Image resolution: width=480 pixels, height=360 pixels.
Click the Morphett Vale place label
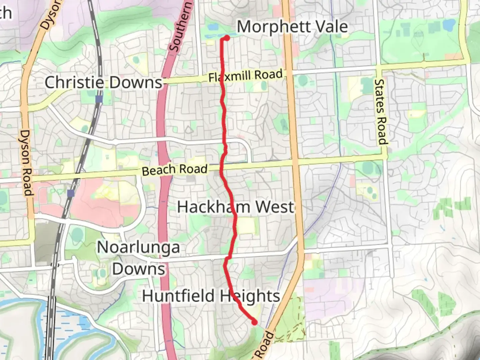click(292, 27)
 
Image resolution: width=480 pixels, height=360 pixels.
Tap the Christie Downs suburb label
click(103, 82)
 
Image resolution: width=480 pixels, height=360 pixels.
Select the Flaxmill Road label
click(245, 75)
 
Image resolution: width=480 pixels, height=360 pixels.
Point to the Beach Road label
click(174, 170)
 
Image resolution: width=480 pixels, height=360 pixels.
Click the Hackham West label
click(236, 207)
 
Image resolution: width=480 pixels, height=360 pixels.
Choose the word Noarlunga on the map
click(138, 248)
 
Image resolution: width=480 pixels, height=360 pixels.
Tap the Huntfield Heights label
click(211, 296)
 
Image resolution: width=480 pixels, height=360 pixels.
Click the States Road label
click(381, 112)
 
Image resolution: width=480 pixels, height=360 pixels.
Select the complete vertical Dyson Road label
click(26, 163)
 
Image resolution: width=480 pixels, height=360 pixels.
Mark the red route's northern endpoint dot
click(227, 38)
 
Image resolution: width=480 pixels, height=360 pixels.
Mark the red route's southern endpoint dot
click(254, 322)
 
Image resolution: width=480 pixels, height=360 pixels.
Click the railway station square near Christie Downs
click(99, 99)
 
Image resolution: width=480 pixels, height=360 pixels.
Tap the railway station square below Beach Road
click(70, 193)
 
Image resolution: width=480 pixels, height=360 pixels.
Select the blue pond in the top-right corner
click(449, 24)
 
